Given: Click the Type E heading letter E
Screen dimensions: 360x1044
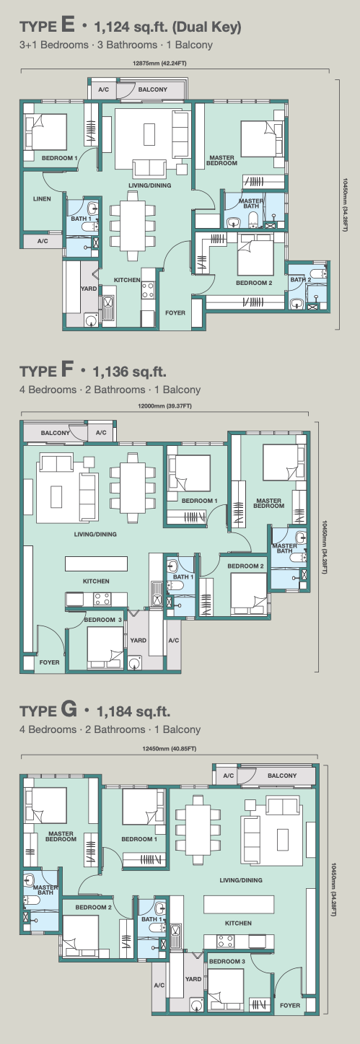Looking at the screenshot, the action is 68,25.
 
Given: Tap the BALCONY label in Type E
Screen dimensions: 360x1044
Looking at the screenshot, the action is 152,89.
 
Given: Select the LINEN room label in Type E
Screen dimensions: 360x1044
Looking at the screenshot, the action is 42,198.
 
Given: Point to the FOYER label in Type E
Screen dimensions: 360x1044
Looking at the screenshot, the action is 175,312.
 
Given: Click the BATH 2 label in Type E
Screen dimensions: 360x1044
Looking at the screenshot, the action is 300,280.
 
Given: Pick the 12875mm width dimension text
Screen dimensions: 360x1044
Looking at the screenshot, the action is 159,63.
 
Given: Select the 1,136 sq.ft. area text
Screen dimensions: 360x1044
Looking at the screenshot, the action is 130,372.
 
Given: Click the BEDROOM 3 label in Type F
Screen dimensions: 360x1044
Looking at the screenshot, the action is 103,620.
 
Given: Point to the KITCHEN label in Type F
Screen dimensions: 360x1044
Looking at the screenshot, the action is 96,582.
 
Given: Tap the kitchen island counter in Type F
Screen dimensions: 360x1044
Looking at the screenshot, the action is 96,563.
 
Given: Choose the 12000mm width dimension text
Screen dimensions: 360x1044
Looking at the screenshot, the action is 164,406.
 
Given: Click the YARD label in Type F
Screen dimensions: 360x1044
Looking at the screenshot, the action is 138,641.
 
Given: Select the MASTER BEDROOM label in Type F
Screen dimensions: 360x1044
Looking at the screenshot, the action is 269,504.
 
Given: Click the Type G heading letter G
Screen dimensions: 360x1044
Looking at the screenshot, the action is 69,710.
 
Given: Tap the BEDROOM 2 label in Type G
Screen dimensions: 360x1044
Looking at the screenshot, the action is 93,907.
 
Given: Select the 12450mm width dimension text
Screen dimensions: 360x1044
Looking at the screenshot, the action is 170,749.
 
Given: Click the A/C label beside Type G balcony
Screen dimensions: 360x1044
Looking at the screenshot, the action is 229,776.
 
